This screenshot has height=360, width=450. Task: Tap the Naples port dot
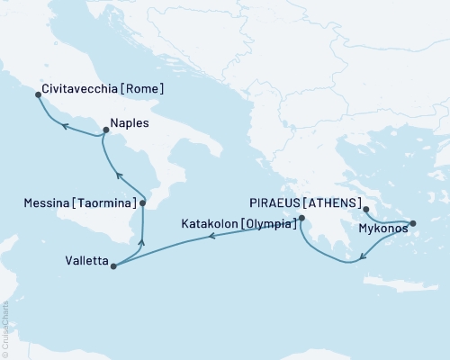tap(104, 131)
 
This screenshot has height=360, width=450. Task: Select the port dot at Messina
tap(142, 203)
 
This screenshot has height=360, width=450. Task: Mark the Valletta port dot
tap(112, 265)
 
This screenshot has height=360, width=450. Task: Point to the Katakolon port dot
tap(301, 218)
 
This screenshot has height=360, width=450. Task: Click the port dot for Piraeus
tap(366, 210)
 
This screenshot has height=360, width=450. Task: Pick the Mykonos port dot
tap(412, 223)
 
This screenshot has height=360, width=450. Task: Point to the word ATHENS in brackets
tap(331, 202)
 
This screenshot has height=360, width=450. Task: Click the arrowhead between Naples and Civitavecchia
tap(63, 127)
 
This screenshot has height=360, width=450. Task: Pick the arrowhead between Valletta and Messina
tap(140, 240)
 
